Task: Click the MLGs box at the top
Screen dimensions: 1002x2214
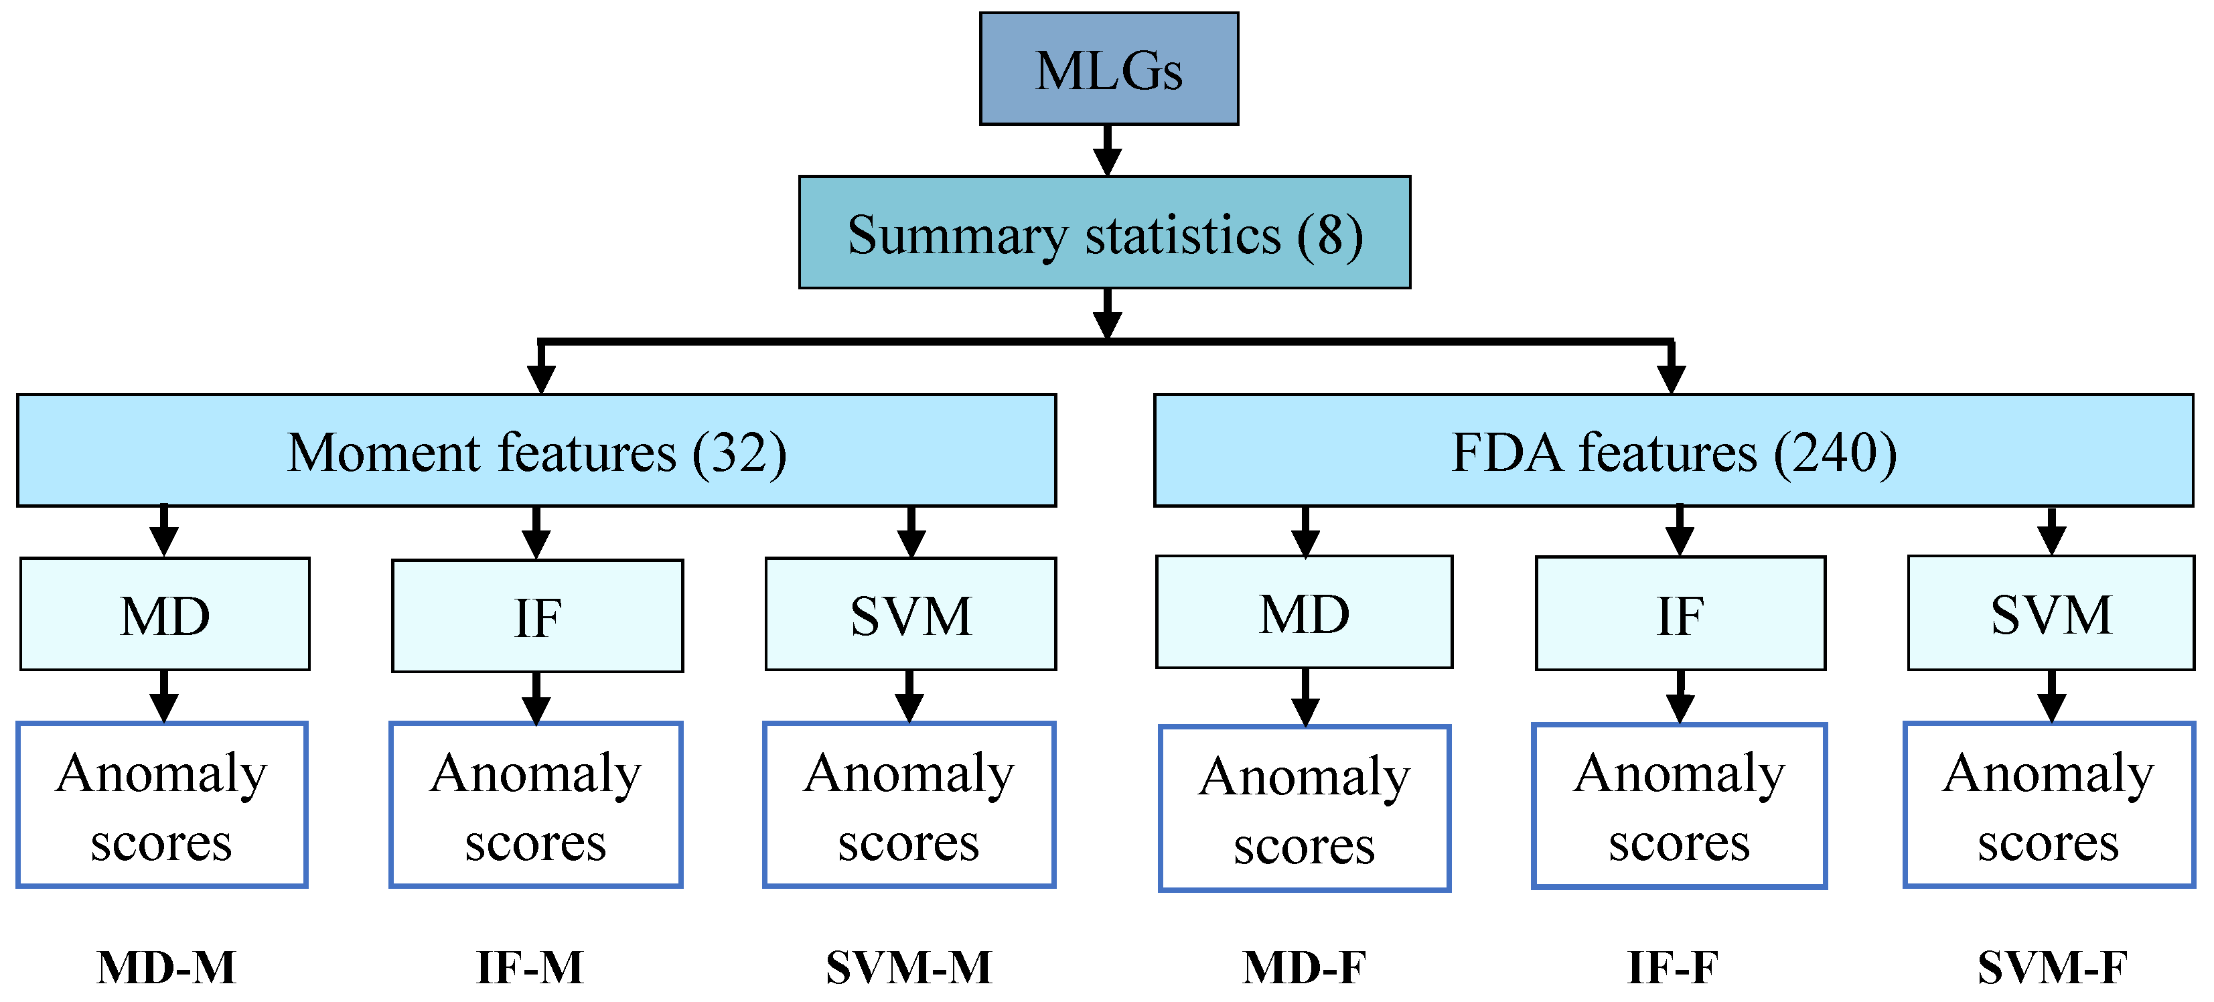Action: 1109,69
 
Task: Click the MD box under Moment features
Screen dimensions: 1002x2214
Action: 164,614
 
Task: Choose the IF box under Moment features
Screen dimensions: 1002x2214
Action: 537,616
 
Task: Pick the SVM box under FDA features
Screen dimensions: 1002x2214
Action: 2051,614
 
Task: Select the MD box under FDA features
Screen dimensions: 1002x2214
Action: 1304,613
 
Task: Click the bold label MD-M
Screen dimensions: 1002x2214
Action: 166,968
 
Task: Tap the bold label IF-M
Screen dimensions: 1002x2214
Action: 530,968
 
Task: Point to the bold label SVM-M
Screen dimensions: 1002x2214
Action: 909,968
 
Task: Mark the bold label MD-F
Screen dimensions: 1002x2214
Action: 1304,968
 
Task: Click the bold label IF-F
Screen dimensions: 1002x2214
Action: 1672,968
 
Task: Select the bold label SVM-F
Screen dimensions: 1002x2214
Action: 2051,968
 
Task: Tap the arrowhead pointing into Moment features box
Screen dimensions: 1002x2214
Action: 540,378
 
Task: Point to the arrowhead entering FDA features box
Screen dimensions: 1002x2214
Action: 1671,378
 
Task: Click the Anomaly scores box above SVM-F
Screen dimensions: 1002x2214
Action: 2049,805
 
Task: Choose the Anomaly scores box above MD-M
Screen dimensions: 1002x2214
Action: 161,805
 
